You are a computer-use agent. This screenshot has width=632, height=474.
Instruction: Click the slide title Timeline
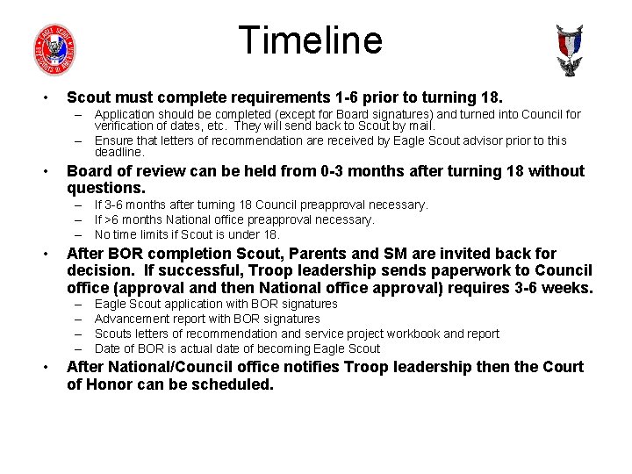coord(310,40)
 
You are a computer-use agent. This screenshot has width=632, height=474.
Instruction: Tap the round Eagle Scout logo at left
coord(54,49)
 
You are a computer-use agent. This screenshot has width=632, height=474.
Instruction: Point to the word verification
coord(128,126)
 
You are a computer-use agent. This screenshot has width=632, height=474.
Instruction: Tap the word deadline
coord(119,153)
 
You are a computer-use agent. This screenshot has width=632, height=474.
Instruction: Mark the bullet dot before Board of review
coord(42,172)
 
